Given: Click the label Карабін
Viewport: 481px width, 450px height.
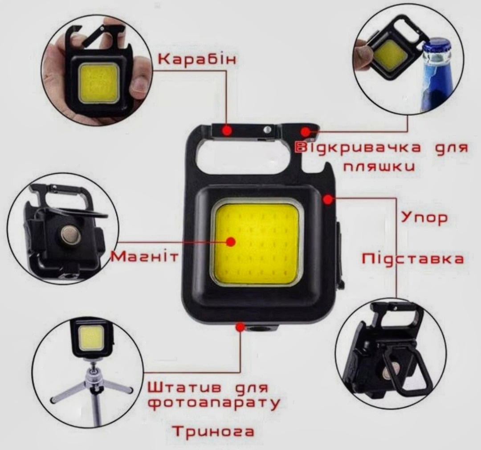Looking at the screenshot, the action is [x=197, y=59].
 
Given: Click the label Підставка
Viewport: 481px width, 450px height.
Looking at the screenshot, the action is [x=412, y=259].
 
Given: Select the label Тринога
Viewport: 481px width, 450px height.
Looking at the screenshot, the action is [x=213, y=432].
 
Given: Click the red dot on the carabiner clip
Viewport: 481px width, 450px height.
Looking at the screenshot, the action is [x=227, y=131].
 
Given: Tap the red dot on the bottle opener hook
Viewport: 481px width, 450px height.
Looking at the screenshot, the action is [x=305, y=132].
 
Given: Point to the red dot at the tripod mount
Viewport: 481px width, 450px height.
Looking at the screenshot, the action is [x=240, y=327].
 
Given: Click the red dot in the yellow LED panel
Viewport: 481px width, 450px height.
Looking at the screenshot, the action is [x=231, y=241].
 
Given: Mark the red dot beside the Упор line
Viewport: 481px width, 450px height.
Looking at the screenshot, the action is [x=328, y=199].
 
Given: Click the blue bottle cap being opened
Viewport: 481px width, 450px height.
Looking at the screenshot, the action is [x=436, y=47].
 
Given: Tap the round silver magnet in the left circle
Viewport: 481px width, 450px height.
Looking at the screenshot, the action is [x=70, y=235].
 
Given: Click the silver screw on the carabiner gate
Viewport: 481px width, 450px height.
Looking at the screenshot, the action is [x=267, y=130].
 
